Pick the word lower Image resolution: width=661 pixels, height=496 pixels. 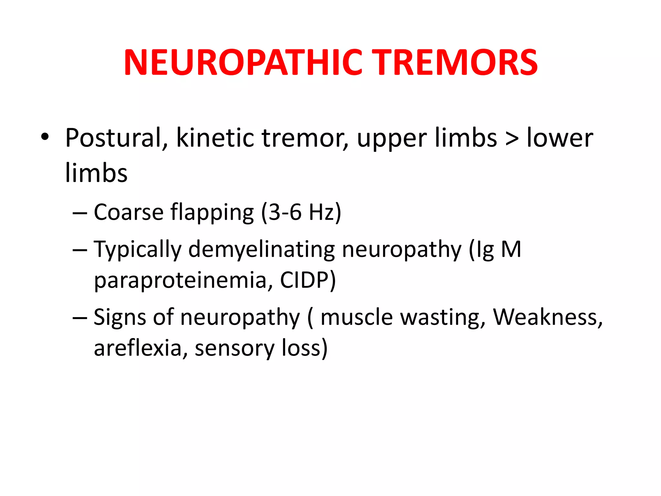(x=560, y=138)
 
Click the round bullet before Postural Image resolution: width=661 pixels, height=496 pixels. (x=45, y=137)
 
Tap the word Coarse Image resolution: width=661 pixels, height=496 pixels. (x=129, y=212)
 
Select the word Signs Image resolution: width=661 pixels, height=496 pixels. (x=120, y=318)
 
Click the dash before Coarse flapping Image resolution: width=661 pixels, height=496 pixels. (x=80, y=213)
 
